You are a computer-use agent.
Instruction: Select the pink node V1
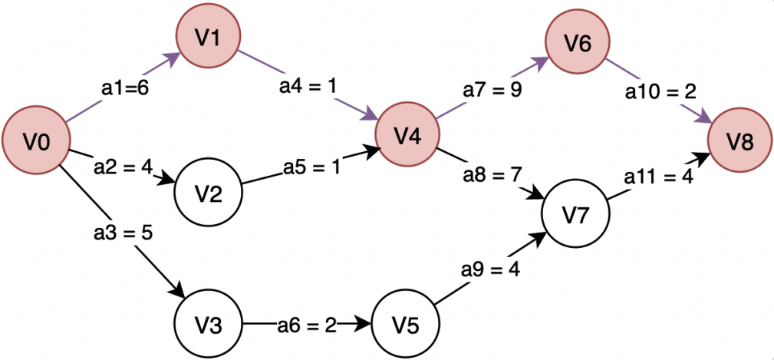click(209, 39)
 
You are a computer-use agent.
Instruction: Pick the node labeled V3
click(208, 325)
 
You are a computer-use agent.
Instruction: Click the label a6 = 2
click(307, 325)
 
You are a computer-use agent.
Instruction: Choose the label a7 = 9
click(492, 89)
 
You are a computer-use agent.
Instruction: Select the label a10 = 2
click(660, 92)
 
